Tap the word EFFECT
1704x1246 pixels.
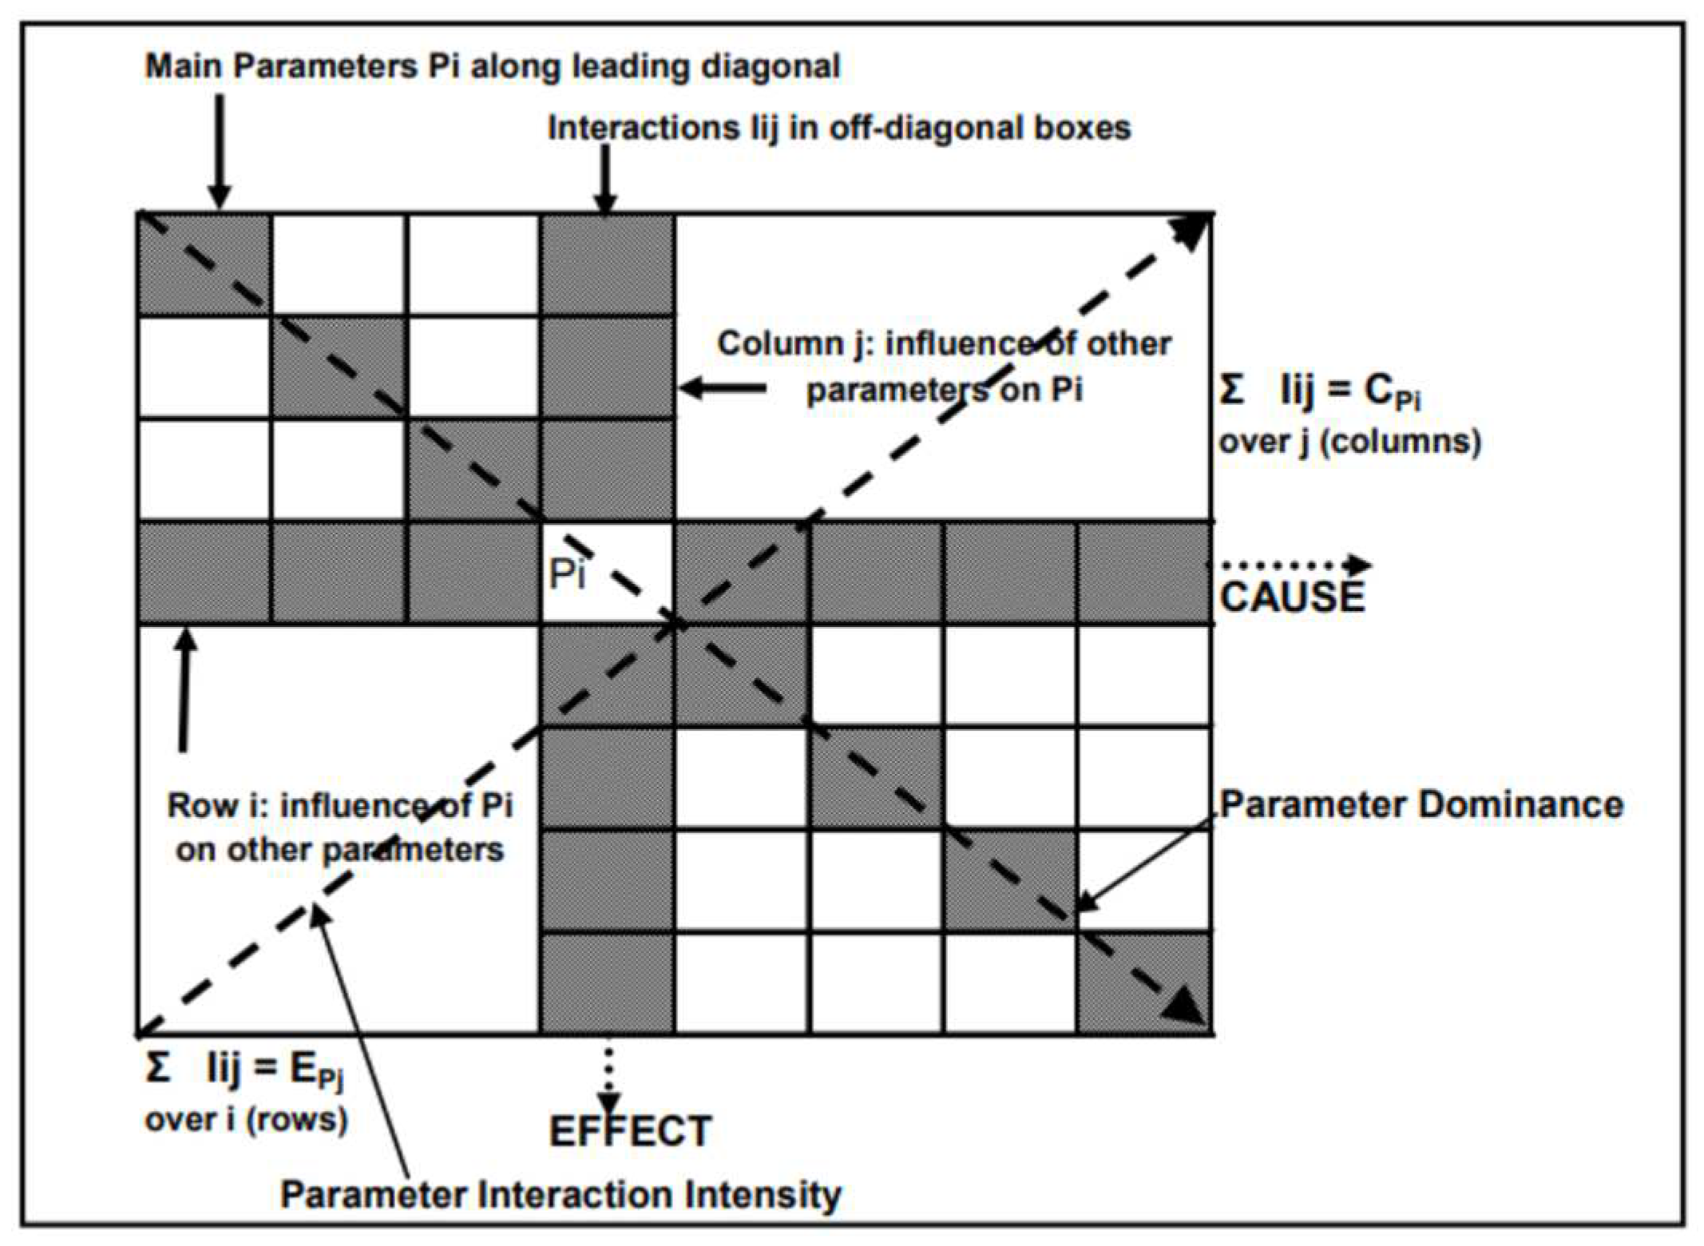(x=630, y=1131)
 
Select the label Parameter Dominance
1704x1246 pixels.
(x=1421, y=804)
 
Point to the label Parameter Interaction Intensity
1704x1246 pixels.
(x=561, y=1195)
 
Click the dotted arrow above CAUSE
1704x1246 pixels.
(x=1289, y=565)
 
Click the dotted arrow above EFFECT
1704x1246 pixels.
(x=608, y=1075)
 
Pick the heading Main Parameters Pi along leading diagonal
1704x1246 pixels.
(x=492, y=65)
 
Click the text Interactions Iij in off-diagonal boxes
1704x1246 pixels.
(x=838, y=128)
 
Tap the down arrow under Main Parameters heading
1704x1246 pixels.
(x=219, y=152)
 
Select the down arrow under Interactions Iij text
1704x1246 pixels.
(x=605, y=181)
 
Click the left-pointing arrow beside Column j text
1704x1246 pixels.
(x=722, y=389)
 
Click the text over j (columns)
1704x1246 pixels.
(x=1349, y=442)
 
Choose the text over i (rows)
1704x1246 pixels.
(x=246, y=1119)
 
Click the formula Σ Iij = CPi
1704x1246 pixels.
(x=1321, y=391)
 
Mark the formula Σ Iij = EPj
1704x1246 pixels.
(x=244, y=1069)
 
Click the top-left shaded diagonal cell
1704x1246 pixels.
(x=204, y=264)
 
